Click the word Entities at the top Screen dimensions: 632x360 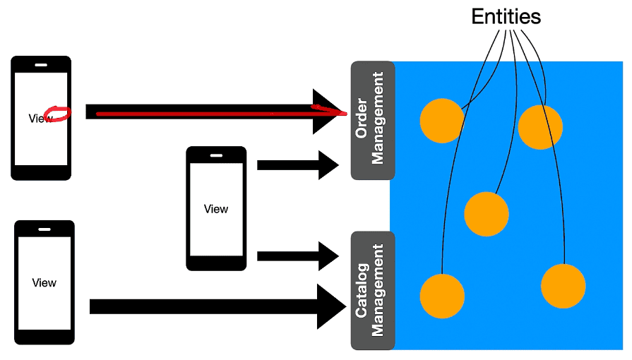[x=506, y=16]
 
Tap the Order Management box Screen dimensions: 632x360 [x=373, y=120]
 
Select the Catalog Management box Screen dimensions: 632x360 [x=373, y=290]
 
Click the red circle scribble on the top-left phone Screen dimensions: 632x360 [x=57, y=114]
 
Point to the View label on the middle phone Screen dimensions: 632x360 [x=216, y=209]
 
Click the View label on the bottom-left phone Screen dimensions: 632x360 [x=44, y=282]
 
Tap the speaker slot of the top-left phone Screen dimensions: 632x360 [x=41, y=65]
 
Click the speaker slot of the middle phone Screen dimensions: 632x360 [x=217, y=155]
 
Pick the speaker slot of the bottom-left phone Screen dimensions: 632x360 [x=44, y=229]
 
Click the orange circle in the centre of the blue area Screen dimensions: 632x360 [x=486, y=214]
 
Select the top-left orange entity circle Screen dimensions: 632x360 [x=442, y=121]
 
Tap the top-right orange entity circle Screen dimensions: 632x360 [x=540, y=127]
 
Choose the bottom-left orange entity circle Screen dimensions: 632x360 [x=442, y=296]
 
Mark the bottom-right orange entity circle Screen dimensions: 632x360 [x=563, y=286]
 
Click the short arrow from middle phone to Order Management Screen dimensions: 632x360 [x=298, y=165]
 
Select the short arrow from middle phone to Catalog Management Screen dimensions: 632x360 [x=298, y=256]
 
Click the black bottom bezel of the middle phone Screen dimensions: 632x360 [x=216, y=263]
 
